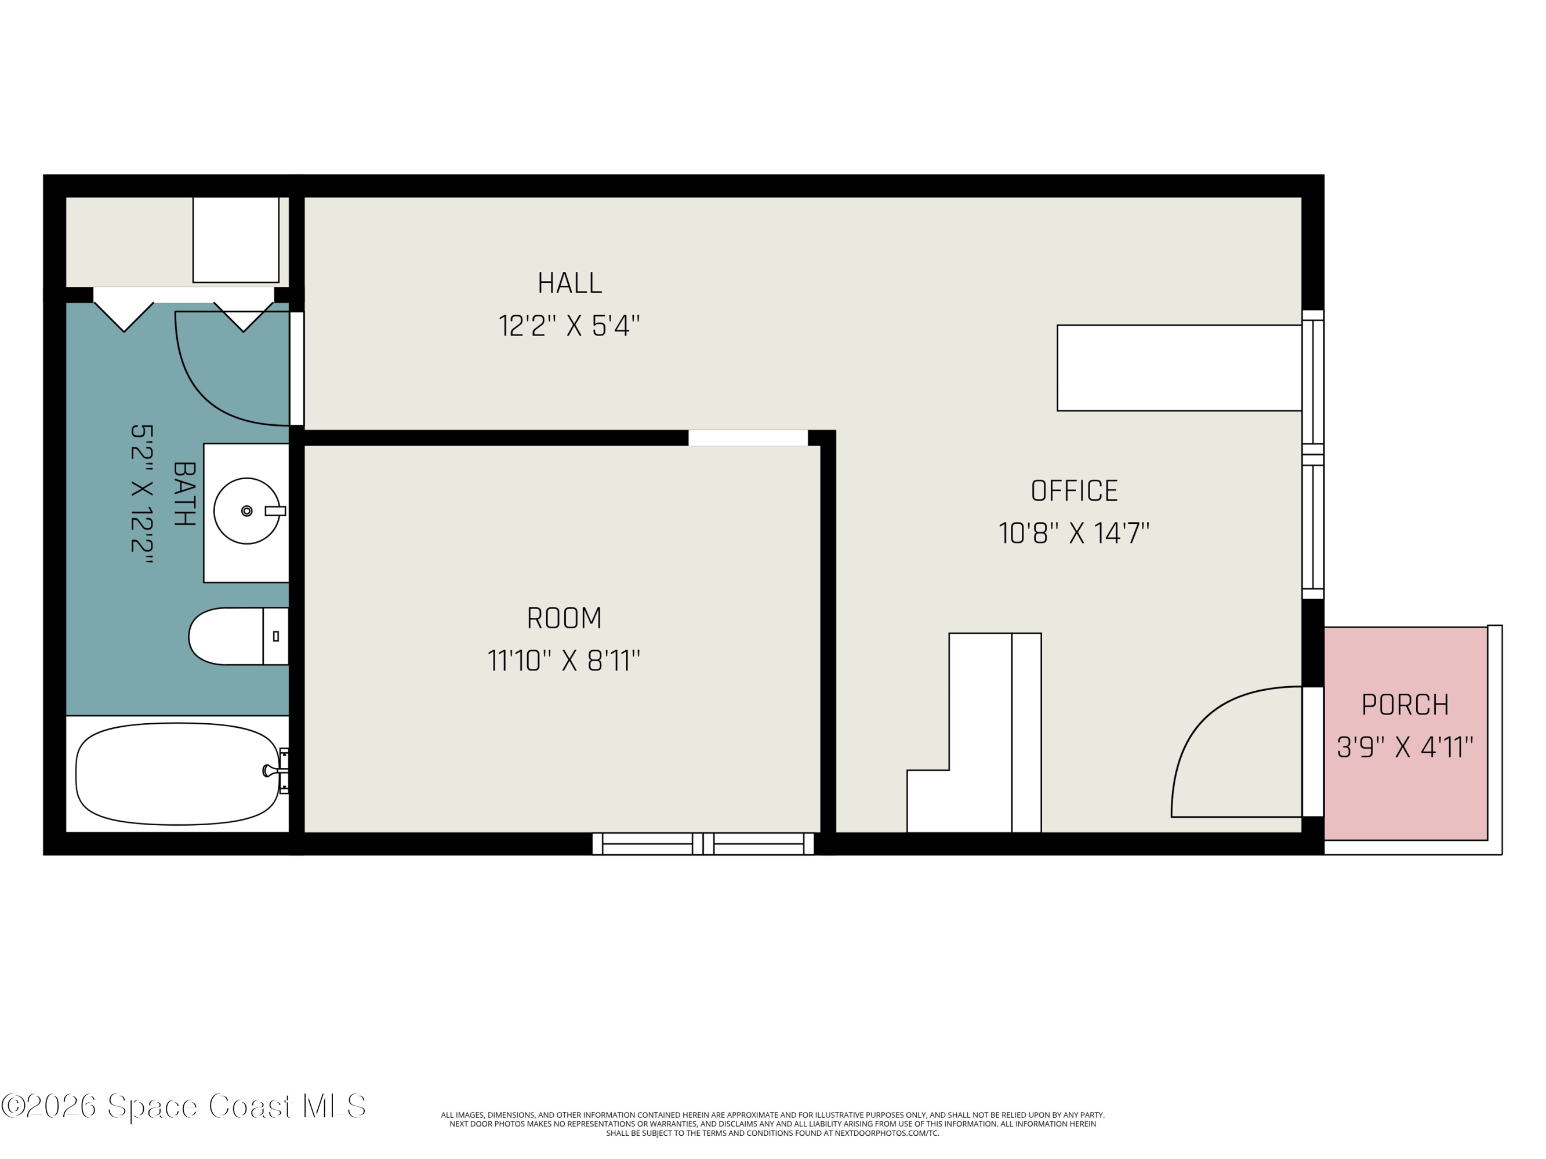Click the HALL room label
point(569,283)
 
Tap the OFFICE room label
point(1074,491)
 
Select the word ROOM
point(564,618)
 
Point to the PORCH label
point(1406,705)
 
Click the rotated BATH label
point(184,493)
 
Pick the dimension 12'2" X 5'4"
point(569,326)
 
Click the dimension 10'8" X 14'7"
point(1074,533)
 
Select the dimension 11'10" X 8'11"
point(564,660)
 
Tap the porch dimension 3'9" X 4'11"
point(1406,748)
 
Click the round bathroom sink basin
point(246,511)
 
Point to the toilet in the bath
point(238,636)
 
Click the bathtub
point(177,774)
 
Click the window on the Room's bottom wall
point(703,843)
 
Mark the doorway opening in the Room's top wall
point(748,438)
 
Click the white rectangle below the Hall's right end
point(1179,368)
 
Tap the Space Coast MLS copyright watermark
point(183,1106)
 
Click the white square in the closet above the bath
point(236,240)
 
